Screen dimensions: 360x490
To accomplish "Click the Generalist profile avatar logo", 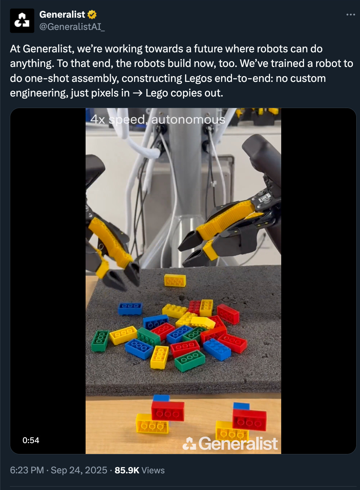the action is pyautogui.click(x=22, y=21).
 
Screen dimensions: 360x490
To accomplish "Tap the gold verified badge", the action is pyautogui.click(x=92, y=14).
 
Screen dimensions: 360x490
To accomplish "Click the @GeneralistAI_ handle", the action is pyautogui.click(x=72, y=27).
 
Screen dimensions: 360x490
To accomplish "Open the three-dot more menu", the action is pyautogui.click(x=350, y=15).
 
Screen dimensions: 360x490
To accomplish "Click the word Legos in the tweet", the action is pyautogui.click(x=198, y=78).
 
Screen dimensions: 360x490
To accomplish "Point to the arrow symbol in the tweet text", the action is pyautogui.click(x=138, y=93).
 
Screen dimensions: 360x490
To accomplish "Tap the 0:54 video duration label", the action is pyautogui.click(x=31, y=440).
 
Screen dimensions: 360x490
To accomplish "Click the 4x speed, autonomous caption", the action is pyautogui.click(x=158, y=120).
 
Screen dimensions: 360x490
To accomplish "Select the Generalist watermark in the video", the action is pyautogui.click(x=230, y=444).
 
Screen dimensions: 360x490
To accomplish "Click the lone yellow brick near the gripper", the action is pyautogui.click(x=175, y=280).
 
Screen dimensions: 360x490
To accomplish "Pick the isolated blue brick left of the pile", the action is pyautogui.click(x=130, y=309).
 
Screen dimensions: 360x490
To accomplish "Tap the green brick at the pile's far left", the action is pyautogui.click(x=100, y=340).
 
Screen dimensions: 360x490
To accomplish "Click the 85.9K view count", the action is pyautogui.click(x=127, y=470).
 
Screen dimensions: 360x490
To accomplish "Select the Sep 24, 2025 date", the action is pyautogui.click(x=79, y=470).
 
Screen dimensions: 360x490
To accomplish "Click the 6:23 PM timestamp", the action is pyautogui.click(x=27, y=470).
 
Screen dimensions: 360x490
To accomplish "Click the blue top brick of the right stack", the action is pyautogui.click(x=241, y=406).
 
